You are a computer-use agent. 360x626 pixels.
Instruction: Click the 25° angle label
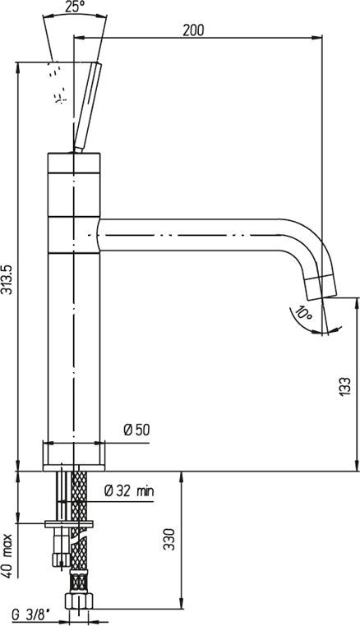(x=74, y=7)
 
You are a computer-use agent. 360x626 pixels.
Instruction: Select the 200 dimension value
(x=193, y=30)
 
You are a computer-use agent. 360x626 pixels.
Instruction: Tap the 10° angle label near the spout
(x=302, y=314)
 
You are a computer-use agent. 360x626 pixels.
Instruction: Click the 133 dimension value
(x=345, y=386)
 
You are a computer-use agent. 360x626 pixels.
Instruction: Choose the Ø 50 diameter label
(x=136, y=430)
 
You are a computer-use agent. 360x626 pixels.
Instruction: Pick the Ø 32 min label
(x=129, y=490)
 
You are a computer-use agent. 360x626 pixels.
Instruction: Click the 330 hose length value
(x=170, y=540)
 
